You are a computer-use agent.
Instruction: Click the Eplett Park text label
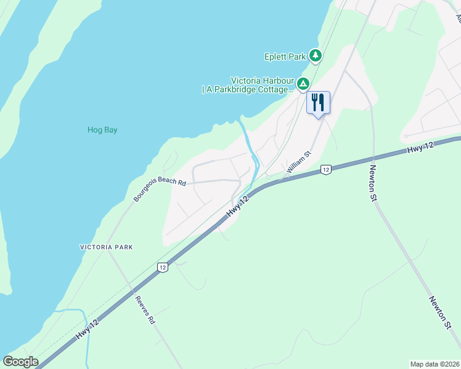pos(285,57)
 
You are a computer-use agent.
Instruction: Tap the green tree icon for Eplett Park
pos(316,56)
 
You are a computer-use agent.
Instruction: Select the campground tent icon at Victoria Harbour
pos(303,84)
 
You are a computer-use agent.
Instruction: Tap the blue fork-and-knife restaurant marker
pos(318,102)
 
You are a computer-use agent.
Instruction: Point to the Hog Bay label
pos(102,130)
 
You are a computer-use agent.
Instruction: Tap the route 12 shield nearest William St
pos(326,169)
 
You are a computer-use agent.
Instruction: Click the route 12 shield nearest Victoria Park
pos(161,267)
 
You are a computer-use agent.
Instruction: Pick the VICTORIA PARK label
pos(106,247)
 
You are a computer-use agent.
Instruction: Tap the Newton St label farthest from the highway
pos(438,312)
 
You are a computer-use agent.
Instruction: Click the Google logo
pos(20,362)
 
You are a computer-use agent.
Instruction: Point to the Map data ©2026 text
pos(434,364)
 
